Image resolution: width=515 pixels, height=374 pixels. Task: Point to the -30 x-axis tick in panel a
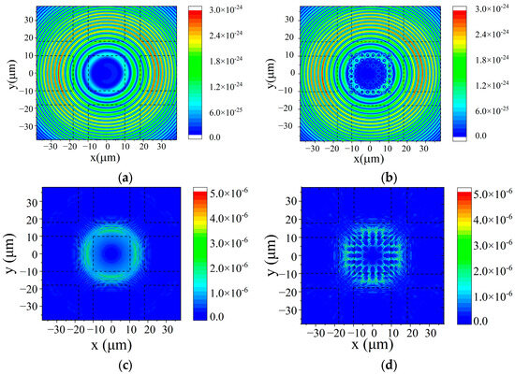tap(52, 146)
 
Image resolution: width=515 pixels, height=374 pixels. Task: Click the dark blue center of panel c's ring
tap(112, 253)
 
